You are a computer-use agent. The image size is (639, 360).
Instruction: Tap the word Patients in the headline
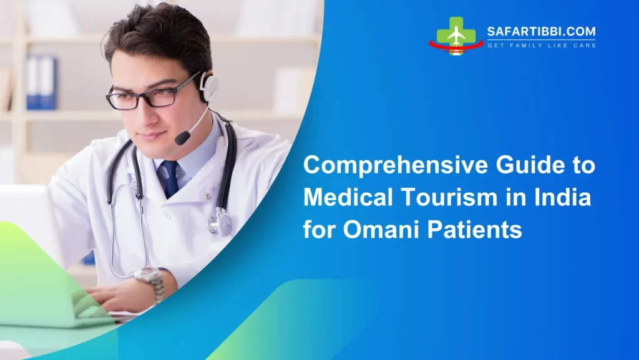tap(477, 231)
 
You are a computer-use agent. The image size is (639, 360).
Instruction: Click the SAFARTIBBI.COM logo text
tap(541, 32)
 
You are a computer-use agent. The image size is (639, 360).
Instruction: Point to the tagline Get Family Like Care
tap(541, 46)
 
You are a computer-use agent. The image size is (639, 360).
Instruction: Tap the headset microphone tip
tap(182, 138)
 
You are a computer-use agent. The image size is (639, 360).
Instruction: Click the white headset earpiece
tap(209, 88)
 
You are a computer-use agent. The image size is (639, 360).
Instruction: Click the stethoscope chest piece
tap(220, 223)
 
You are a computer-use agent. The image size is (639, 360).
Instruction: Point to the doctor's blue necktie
tap(169, 178)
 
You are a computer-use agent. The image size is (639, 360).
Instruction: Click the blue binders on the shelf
tap(41, 82)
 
